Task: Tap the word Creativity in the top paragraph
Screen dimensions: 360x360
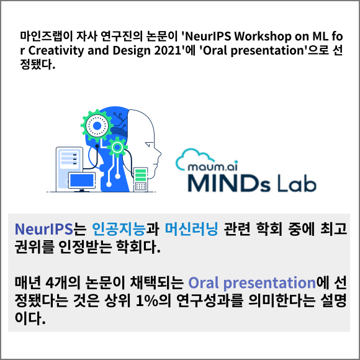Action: (56, 51)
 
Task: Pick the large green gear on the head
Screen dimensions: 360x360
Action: (97, 125)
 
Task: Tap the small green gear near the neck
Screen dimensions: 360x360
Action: (117, 148)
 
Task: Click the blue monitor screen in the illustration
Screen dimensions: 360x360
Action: (82, 180)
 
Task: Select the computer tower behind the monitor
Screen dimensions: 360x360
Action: (70, 169)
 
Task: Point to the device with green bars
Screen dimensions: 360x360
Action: (140, 179)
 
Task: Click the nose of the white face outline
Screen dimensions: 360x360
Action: (158, 153)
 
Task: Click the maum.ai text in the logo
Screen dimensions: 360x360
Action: (213, 166)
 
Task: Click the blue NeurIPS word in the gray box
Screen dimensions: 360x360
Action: (43, 229)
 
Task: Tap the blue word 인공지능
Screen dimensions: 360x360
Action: (119, 229)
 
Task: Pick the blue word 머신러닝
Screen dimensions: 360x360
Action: (191, 229)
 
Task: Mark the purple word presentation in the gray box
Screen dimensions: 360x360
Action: (269, 283)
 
